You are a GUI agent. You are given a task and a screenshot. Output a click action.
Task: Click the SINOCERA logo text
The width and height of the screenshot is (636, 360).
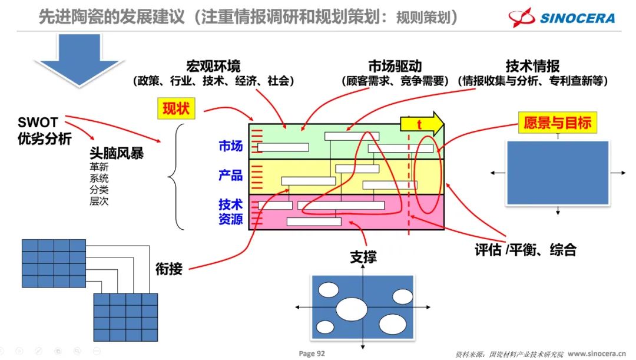pyautogui.click(x=577, y=18)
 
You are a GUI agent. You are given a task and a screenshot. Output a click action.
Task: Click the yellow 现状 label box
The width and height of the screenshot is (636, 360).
pyautogui.click(x=176, y=108)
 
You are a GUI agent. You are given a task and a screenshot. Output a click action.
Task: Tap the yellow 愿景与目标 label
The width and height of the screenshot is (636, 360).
pyautogui.click(x=557, y=123)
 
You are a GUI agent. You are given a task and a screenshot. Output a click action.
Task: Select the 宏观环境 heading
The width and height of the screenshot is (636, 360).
pyautogui.click(x=213, y=66)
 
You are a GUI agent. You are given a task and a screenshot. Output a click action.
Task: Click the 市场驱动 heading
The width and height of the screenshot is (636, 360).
pyautogui.click(x=395, y=66)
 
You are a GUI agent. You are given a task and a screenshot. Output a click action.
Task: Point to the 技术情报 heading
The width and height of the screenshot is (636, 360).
pyautogui.click(x=532, y=66)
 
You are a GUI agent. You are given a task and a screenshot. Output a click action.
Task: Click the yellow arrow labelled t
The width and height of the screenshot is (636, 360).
pyautogui.click(x=422, y=123)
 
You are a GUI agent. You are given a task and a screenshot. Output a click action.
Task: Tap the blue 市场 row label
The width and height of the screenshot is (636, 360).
pyautogui.click(x=230, y=146)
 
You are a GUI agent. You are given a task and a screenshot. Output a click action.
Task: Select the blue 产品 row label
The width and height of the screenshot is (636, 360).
pyautogui.click(x=230, y=175)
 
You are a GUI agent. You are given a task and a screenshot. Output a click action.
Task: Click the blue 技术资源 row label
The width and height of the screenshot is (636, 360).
pyautogui.click(x=230, y=212)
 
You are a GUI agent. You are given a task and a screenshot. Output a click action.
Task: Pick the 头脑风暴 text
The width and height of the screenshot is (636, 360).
pyautogui.click(x=117, y=153)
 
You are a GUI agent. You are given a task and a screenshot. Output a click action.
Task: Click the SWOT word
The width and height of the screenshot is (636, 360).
pyautogui.click(x=38, y=122)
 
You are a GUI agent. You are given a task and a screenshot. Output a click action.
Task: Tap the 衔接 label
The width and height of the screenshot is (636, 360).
pyautogui.click(x=169, y=269)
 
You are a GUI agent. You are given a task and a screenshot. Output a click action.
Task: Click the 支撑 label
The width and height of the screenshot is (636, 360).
pyautogui.click(x=363, y=257)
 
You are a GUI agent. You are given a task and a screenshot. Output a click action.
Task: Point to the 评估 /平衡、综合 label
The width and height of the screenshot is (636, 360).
pyautogui.click(x=525, y=250)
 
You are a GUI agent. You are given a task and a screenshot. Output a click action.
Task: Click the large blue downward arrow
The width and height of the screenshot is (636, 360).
pyautogui.click(x=79, y=60)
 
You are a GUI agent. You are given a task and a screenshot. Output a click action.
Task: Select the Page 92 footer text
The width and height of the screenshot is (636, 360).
pyautogui.click(x=312, y=354)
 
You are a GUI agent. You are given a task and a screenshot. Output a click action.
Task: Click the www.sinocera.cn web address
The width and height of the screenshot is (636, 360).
pyautogui.click(x=597, y=354)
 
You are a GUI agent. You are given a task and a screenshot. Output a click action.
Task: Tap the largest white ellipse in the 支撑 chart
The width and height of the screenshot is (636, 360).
pyautogui.click(x=352, y=309)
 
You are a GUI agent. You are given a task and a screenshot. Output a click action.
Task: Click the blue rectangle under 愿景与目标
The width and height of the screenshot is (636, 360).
pyautogui.click(x=558, y=173)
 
